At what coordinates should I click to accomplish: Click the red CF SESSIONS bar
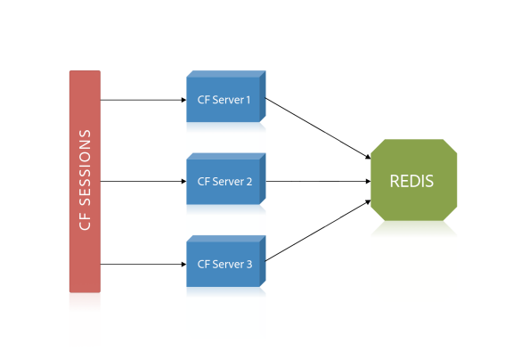(x=85, y=181)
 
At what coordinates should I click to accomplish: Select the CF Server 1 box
(x=226, y=96)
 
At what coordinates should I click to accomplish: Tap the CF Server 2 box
(x=226, y=179)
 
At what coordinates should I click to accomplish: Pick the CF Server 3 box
(x=226, y=261)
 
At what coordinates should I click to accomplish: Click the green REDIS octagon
(x=413, y=180)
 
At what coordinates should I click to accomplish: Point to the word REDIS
(x=411, y=181)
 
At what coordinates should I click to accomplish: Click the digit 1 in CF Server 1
(x=248, y=100)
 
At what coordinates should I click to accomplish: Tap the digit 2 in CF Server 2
(x=248, y=181)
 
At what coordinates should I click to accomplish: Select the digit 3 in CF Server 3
(x=248, y=264)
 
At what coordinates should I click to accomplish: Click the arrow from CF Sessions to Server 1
(x=143, y=100)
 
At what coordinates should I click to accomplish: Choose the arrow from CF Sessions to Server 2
(x=143, y=181)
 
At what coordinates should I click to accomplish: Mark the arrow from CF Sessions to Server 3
(x=143, y=264)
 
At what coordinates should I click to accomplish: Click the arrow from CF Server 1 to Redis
(x=318, y=128)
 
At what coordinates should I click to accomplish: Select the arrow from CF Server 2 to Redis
(x=318, y=181)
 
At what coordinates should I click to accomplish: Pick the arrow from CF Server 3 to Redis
(x=318, y=231)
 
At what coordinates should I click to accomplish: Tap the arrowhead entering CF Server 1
(x=183, y=100)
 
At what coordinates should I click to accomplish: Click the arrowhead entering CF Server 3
(x=183, y=264)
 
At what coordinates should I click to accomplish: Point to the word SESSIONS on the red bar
(x=85, y=168)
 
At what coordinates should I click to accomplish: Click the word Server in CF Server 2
(x=228, y=182)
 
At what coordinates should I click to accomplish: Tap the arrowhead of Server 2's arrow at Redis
(x=369, y=181)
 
